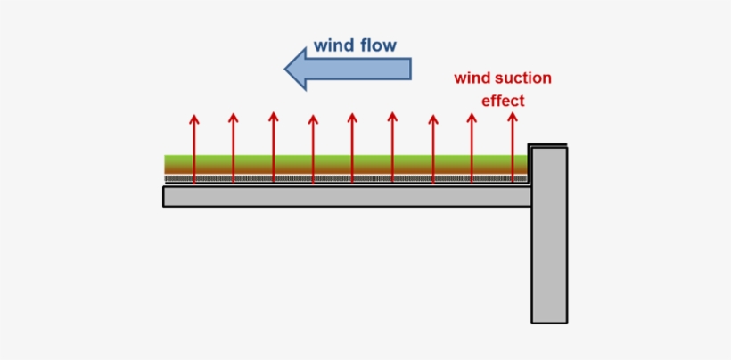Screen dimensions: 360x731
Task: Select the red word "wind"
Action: click(x=473, y=78)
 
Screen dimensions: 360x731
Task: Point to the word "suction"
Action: click(x=523, y=78)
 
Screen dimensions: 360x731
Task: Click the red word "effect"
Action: click(x=503, y=101)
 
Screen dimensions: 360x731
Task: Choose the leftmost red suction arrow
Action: click(x=193, y=147)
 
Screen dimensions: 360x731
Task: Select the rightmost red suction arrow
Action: click(x=513, y=147)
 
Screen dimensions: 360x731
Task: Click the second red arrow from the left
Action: click(x=234, y=147)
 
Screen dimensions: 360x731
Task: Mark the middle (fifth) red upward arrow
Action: click(x=352, y=147)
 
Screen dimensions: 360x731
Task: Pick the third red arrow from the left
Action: click(x=273, y=147)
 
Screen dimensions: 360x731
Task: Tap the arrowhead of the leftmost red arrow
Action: click(x=193, y=119)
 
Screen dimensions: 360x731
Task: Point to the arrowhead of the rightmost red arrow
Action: click(x=513, y=117)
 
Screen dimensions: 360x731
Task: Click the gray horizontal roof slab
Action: click(x=339, y=196)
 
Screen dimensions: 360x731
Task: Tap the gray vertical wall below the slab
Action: click(x=549, y=258)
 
